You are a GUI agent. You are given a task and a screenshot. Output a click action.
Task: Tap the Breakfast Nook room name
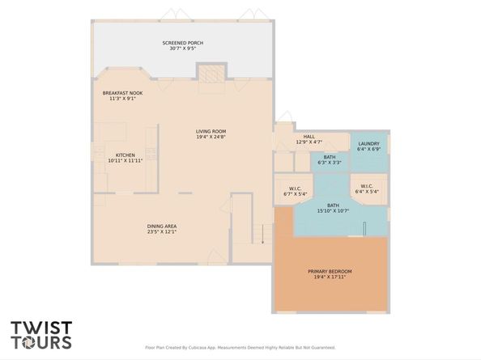pyautogui.click(x=123, y=93)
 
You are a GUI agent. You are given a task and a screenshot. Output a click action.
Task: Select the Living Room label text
pyautogui.click(x=211, y=131)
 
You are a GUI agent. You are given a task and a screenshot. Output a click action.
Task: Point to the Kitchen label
pyautogui.click(x=125, y=155)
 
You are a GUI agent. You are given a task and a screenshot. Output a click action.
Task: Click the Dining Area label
pyautogui.click(x=162, y=226)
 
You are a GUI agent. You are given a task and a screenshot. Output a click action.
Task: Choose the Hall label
pyautogui.click(x=309, y=137)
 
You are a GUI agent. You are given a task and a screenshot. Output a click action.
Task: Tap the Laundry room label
pyautogui.click(x=369, y=144)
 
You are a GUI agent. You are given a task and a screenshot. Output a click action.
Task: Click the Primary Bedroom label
pyautogui.click(x=330, y=271)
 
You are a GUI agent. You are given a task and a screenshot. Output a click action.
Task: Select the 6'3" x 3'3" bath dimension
pyautogui.click(x=330, y=163)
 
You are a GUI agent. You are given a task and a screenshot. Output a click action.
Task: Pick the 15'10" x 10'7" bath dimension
pyautogui.click(x=333, y=211)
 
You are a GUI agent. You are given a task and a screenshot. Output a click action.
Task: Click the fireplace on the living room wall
pyautogui.click(x=210, y=74)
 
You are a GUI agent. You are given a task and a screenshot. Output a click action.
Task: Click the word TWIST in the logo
pyautogui.click(x=40, y=329)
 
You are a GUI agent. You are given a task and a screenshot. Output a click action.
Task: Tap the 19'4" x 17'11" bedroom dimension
pyautogui.click(x=330, y=277)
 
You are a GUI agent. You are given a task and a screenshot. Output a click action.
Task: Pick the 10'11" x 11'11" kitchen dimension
pyautogui.click(x=125, y=161)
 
